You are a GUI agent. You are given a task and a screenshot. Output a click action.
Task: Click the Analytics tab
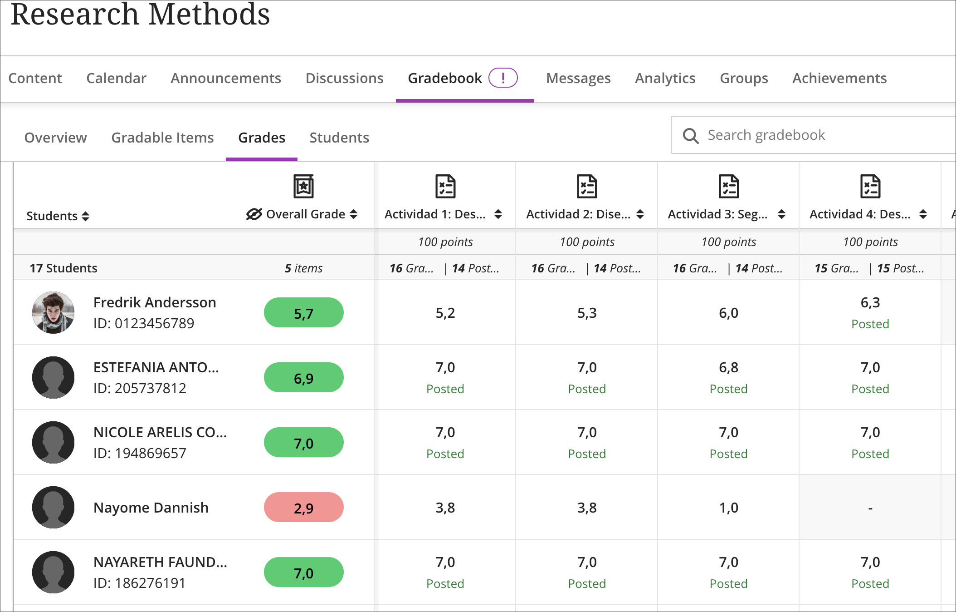665,78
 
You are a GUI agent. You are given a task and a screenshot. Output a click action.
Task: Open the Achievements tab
839,78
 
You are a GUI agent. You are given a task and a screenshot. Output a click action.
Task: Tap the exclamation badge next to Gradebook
502,78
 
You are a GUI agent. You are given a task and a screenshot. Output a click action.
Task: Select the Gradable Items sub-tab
162,138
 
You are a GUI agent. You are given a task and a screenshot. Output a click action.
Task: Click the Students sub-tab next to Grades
339,138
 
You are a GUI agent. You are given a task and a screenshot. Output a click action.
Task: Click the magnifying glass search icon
690,135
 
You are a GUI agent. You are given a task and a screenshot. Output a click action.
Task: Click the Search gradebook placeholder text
766,135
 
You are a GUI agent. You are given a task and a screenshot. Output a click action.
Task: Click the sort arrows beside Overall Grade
354,214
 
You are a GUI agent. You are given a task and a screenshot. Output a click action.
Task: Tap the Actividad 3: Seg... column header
717,214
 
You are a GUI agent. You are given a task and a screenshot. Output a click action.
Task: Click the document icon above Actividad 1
445,187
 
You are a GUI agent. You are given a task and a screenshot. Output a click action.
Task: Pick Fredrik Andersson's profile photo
53,313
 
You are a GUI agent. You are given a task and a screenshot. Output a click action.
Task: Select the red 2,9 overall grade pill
303,508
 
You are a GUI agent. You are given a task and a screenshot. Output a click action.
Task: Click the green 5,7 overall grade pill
303,313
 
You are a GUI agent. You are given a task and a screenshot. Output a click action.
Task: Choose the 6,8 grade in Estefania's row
728,368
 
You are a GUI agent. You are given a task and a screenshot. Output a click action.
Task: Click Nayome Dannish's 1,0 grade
728,508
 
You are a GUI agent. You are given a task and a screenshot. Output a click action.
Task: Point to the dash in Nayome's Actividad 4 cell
870,508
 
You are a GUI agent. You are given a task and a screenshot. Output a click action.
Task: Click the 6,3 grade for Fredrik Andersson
870,303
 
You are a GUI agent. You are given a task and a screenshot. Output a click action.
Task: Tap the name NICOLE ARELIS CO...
160,432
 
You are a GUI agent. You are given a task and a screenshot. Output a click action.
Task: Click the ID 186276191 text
139,583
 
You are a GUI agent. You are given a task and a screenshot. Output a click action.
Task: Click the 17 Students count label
63,268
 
